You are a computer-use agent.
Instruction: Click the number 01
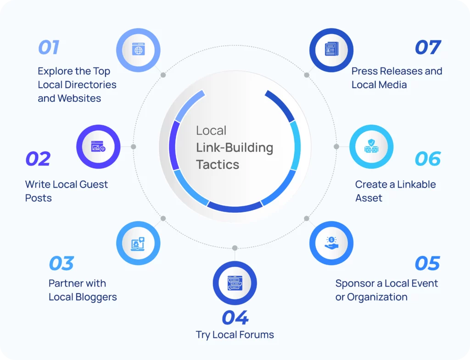click(49, 47)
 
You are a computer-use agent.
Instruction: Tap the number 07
click(428, 47)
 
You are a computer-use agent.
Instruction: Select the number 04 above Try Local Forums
click(235, 317)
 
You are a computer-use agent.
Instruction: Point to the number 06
click(428, 159)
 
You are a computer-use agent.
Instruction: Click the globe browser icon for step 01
click(138, 49)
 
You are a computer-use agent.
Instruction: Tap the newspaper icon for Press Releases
click(331, 49)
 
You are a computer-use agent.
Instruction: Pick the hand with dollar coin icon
click(331, 243)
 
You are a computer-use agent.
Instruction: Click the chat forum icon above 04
click(235, 283)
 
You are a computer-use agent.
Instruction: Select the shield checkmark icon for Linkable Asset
click(371, 146)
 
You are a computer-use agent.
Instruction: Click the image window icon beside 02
click(98, 146)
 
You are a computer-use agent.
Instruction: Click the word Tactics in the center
click(218, 165)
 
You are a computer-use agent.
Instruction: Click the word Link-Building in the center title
click(235, 148)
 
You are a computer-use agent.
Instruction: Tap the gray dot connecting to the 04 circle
click(235, 248)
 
